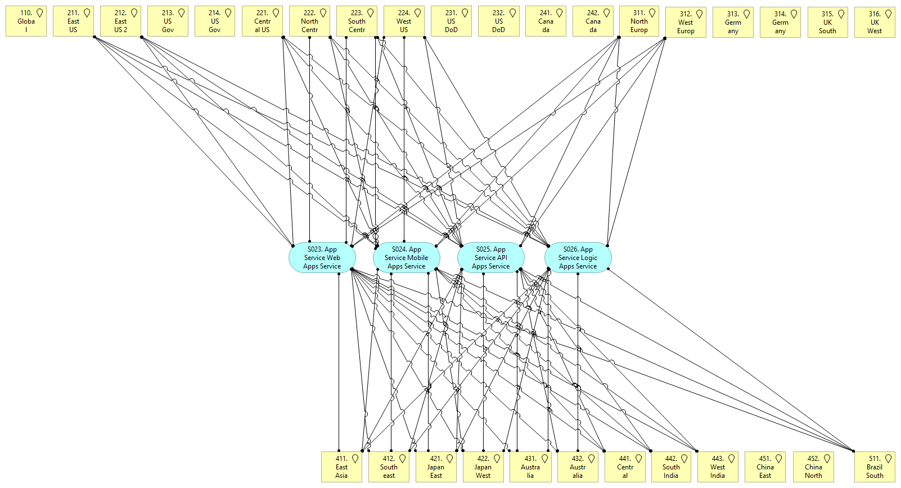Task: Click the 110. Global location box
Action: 26,21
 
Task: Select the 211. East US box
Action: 73,21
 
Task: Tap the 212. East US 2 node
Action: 120,21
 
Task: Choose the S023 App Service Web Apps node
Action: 322,258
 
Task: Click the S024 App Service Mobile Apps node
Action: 407,258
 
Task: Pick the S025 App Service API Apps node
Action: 491,258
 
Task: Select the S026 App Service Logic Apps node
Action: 578,258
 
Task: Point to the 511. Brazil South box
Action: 875,467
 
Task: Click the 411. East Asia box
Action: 341,467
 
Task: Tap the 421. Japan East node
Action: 436,467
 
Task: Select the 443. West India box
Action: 718,467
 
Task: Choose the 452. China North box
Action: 813,467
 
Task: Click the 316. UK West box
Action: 875,23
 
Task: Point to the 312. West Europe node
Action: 686,23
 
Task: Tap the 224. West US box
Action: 404,21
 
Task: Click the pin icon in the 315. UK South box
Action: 841,14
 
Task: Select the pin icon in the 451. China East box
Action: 779,459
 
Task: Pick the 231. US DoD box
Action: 451,21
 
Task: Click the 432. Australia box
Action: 578,467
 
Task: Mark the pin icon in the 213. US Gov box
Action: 181,13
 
